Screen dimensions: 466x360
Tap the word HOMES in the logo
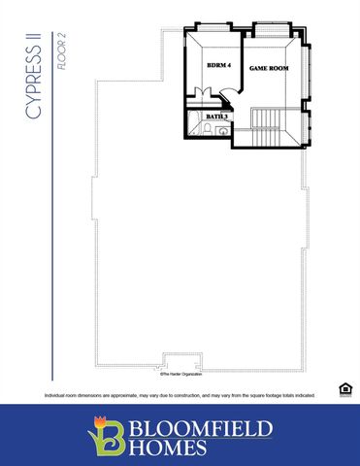click(173, 448)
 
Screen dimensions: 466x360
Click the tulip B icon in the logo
click(106, 435)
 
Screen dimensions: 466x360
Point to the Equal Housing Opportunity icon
click(344, 389)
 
